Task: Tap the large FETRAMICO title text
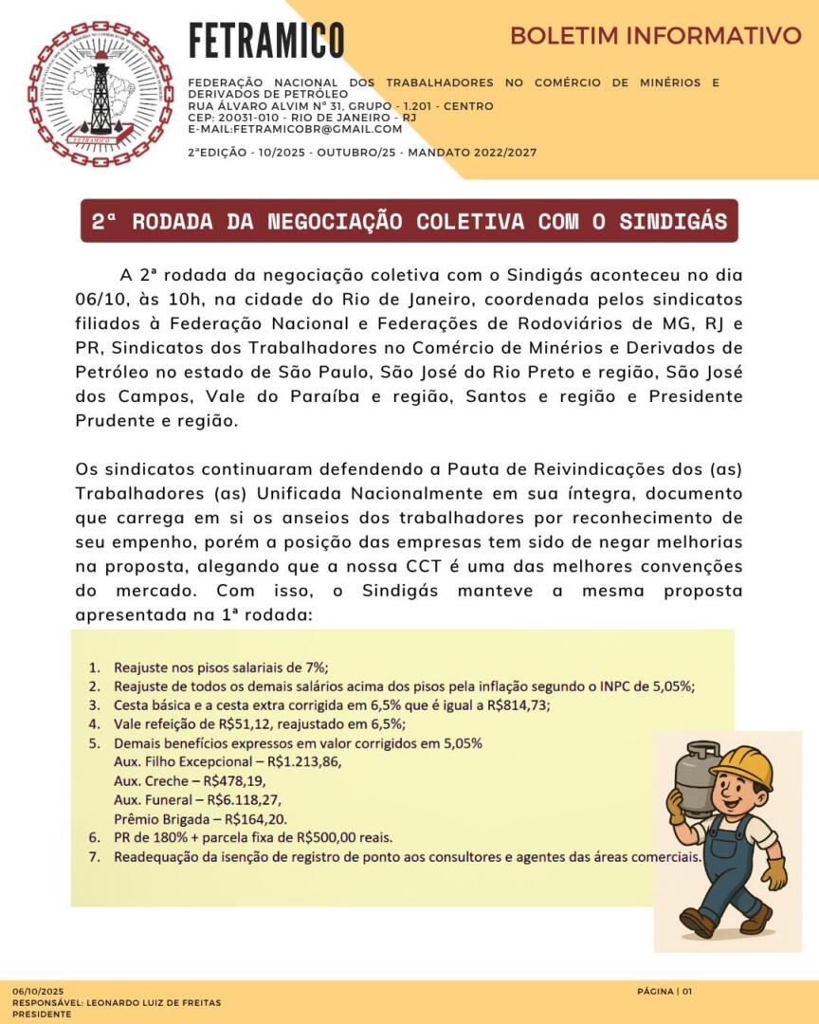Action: click(266, 40)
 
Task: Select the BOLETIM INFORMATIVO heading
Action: click(655, 36)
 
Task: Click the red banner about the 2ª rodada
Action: click(409, 222)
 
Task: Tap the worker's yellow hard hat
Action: click(740, 766)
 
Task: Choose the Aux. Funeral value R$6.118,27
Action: click(246, 799)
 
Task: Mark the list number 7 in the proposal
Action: click(94, 857)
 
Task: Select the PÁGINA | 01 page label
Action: click(664, 991)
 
